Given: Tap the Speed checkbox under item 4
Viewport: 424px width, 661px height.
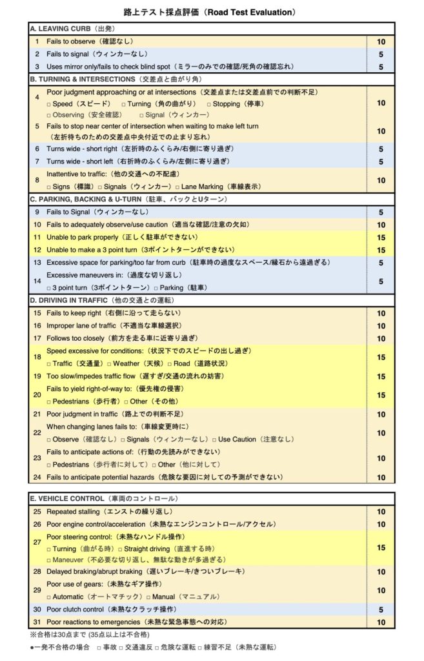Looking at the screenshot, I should click(49, 103).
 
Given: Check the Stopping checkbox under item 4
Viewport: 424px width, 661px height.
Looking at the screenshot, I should click(209, 103).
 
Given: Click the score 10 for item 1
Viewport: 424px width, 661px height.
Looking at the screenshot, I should click(381, 42).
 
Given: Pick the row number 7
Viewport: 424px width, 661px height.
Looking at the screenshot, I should click(37, 161).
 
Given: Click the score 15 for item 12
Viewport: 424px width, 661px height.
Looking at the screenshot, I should click(381, 250).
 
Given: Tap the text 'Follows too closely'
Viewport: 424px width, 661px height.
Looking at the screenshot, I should click(76, 338).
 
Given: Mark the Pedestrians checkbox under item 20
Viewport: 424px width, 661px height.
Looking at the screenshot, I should click(49, 401).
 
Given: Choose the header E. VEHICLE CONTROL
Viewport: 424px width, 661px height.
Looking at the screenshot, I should click(67, 499).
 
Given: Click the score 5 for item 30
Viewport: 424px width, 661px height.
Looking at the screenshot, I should click(381, 609).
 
